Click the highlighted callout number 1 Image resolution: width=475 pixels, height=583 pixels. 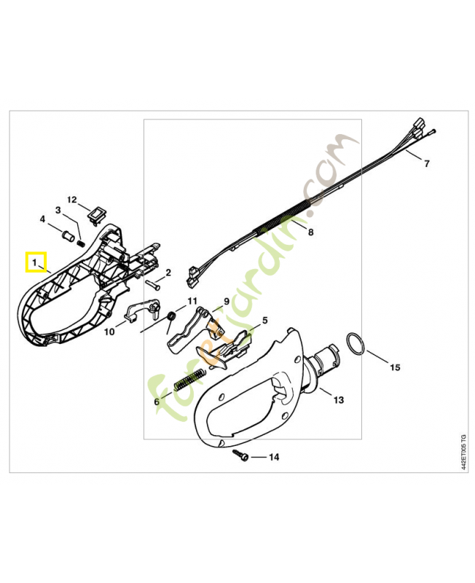[34, 262]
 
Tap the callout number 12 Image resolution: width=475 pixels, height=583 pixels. [71, 200]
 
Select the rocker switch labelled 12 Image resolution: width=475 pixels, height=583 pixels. [96, 215]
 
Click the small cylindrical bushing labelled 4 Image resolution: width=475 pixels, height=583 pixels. [67, 236]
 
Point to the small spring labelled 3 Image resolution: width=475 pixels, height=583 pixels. [81, 243]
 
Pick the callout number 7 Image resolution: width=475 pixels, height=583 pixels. [427, 163]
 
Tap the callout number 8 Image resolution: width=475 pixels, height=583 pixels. [311, 232]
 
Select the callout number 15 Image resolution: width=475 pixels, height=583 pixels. [395, 367]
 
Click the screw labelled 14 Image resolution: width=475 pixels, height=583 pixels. [240, 455]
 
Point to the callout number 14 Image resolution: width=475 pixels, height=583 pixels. [274, 457]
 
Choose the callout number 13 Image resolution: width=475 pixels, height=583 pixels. [339, 400]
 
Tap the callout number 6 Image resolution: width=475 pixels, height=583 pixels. [157, 402]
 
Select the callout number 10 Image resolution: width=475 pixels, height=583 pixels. [109, 332]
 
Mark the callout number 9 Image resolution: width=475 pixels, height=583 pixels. [227, 302]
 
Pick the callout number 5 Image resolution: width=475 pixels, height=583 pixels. [264, 320]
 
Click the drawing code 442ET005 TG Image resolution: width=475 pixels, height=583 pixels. [463, 452]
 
